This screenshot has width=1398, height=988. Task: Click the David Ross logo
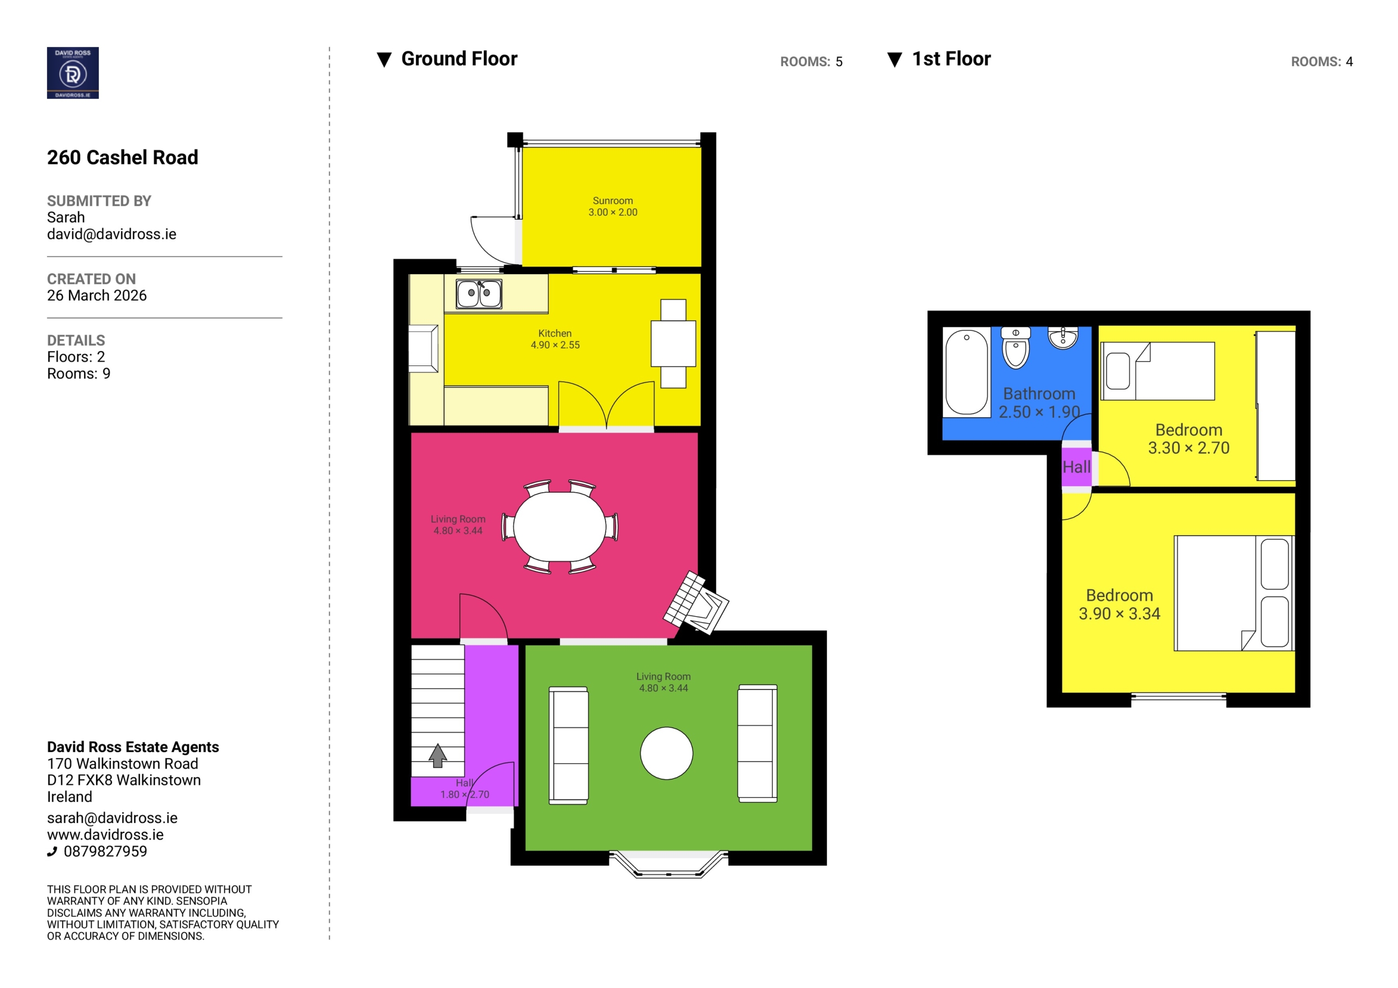pos(73,73)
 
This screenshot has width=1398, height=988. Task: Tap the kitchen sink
pos(478,294)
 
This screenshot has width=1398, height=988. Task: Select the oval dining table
pos(560,526)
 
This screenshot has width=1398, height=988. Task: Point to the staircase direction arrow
pos(437,755)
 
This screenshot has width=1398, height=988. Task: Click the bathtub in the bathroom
pos(966,372)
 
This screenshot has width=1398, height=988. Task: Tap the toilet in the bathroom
pos(1015,348)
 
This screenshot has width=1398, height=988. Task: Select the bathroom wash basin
pos(1063,338)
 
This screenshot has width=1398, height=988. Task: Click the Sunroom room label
pos(613,200)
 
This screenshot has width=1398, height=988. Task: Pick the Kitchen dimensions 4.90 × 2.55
pos(555,345)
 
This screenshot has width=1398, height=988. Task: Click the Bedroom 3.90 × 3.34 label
pos(1119,604)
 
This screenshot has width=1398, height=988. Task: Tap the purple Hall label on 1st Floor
pos(1076,467)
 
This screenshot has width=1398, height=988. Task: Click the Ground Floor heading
pos(459,59)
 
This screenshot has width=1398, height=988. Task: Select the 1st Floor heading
pos(951,59)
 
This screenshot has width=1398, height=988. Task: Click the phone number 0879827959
pos(105,851)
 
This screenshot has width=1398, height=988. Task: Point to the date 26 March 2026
pos(97,295)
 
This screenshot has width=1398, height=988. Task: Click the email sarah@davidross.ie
pos(112,818)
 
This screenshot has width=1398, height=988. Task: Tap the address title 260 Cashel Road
pos(122,157)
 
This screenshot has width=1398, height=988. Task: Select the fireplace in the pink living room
pos(696,602)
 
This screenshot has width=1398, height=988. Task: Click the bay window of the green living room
pos(668,863)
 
